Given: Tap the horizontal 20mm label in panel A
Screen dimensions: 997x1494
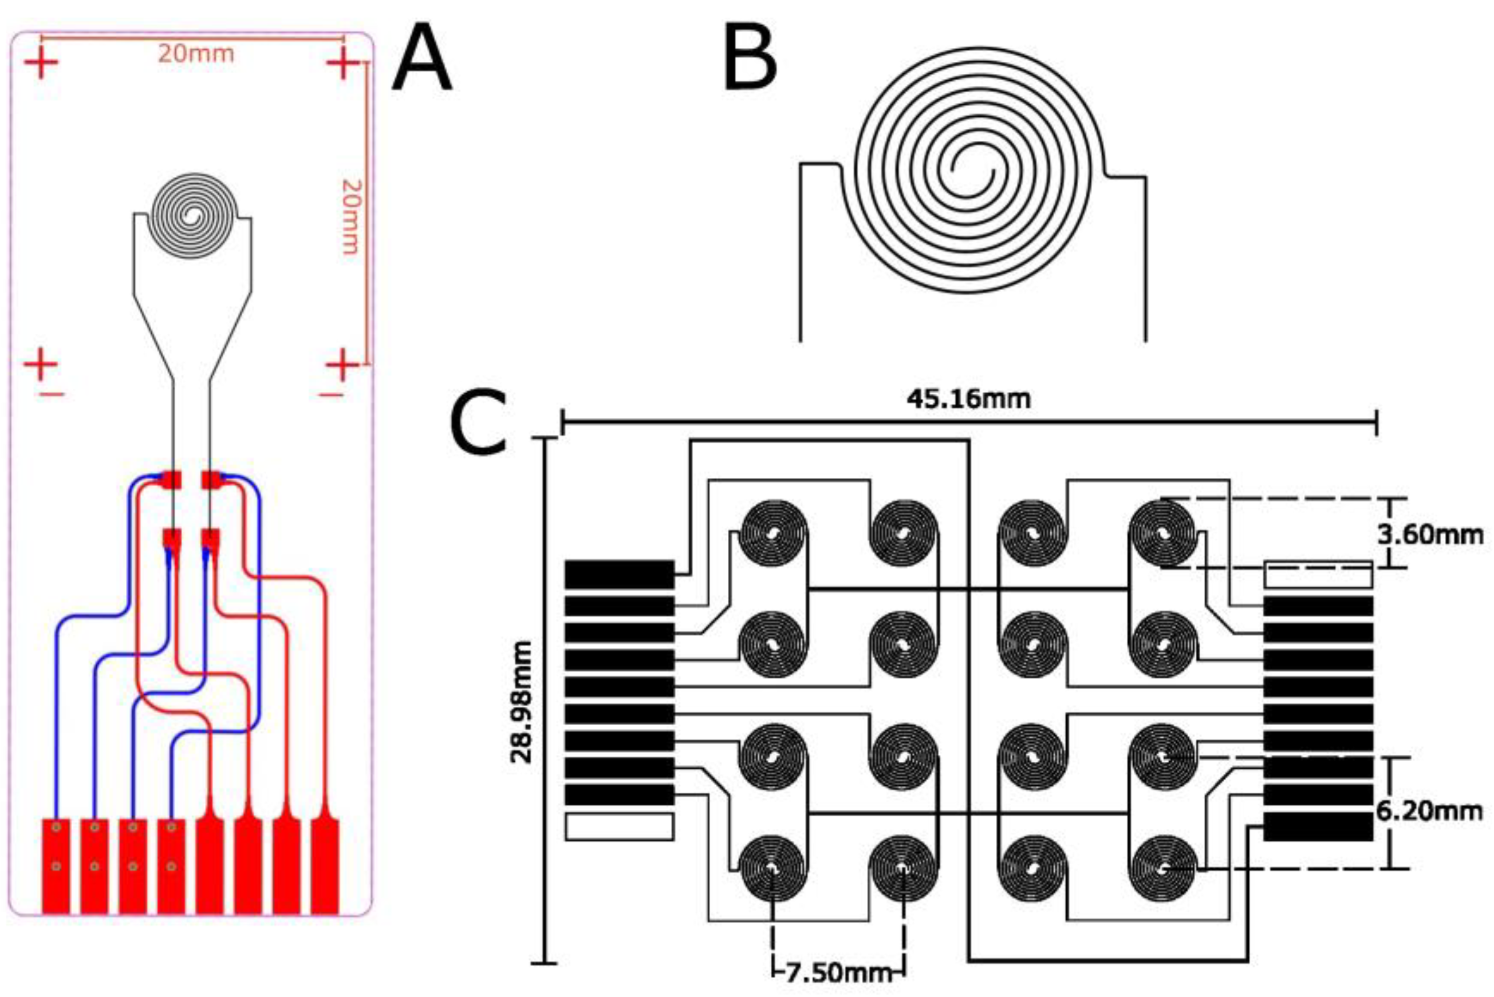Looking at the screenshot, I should tap(196, 54).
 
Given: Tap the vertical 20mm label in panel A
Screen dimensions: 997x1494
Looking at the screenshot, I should tap(352, 216).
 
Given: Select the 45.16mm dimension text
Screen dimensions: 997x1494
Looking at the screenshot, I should tap(968, 399).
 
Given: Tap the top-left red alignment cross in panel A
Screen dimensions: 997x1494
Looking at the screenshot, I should tap(41, 64).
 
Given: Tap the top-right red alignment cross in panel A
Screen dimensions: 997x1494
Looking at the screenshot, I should tap(344, 64).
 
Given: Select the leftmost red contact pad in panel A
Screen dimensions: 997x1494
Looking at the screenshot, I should tap(56, 866).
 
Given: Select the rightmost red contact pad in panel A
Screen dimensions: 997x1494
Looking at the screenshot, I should tap(325, 866).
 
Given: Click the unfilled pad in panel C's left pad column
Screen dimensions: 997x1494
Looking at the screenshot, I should tap(619, 827).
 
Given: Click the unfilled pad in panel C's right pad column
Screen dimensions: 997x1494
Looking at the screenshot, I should tap(1318, 574).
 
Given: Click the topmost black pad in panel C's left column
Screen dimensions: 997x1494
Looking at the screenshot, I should tap(619, 574).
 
